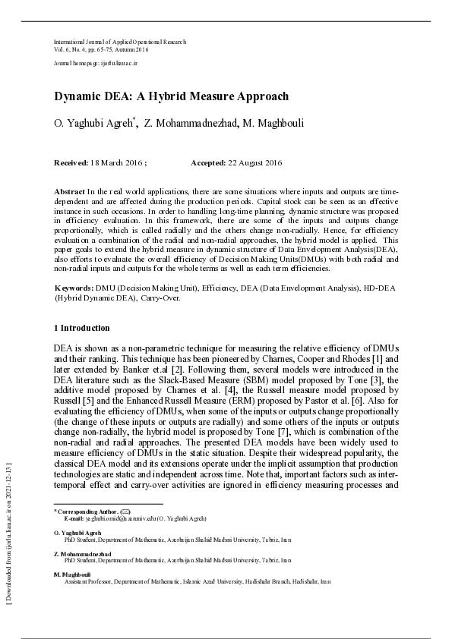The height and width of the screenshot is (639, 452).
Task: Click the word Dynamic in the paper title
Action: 77,96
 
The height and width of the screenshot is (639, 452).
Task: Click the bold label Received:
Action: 71,163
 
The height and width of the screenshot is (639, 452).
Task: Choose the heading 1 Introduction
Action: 81,328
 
